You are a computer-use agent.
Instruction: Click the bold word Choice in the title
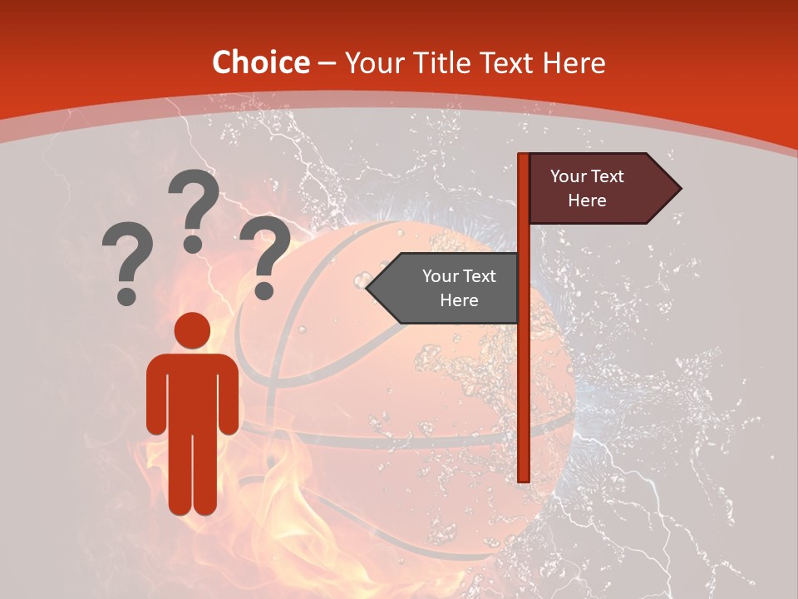(x=260, y=62)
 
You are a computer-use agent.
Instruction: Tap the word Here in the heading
(x=574, y=62)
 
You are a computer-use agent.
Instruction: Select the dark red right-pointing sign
(x=598, y=189)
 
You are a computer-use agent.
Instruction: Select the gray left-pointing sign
(x=449, y=288)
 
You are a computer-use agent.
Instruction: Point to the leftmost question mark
(x=126, y=258)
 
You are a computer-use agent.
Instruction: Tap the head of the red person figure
(x=192, y=330)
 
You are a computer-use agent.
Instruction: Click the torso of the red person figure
(x=192, y=391)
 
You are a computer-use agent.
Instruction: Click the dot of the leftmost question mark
(x=126, y=295)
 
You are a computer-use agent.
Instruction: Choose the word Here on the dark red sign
(x=587, y=200)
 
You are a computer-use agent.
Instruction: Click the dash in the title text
(x=327, y=63)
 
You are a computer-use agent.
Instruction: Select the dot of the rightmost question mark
(x=264, y=291)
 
